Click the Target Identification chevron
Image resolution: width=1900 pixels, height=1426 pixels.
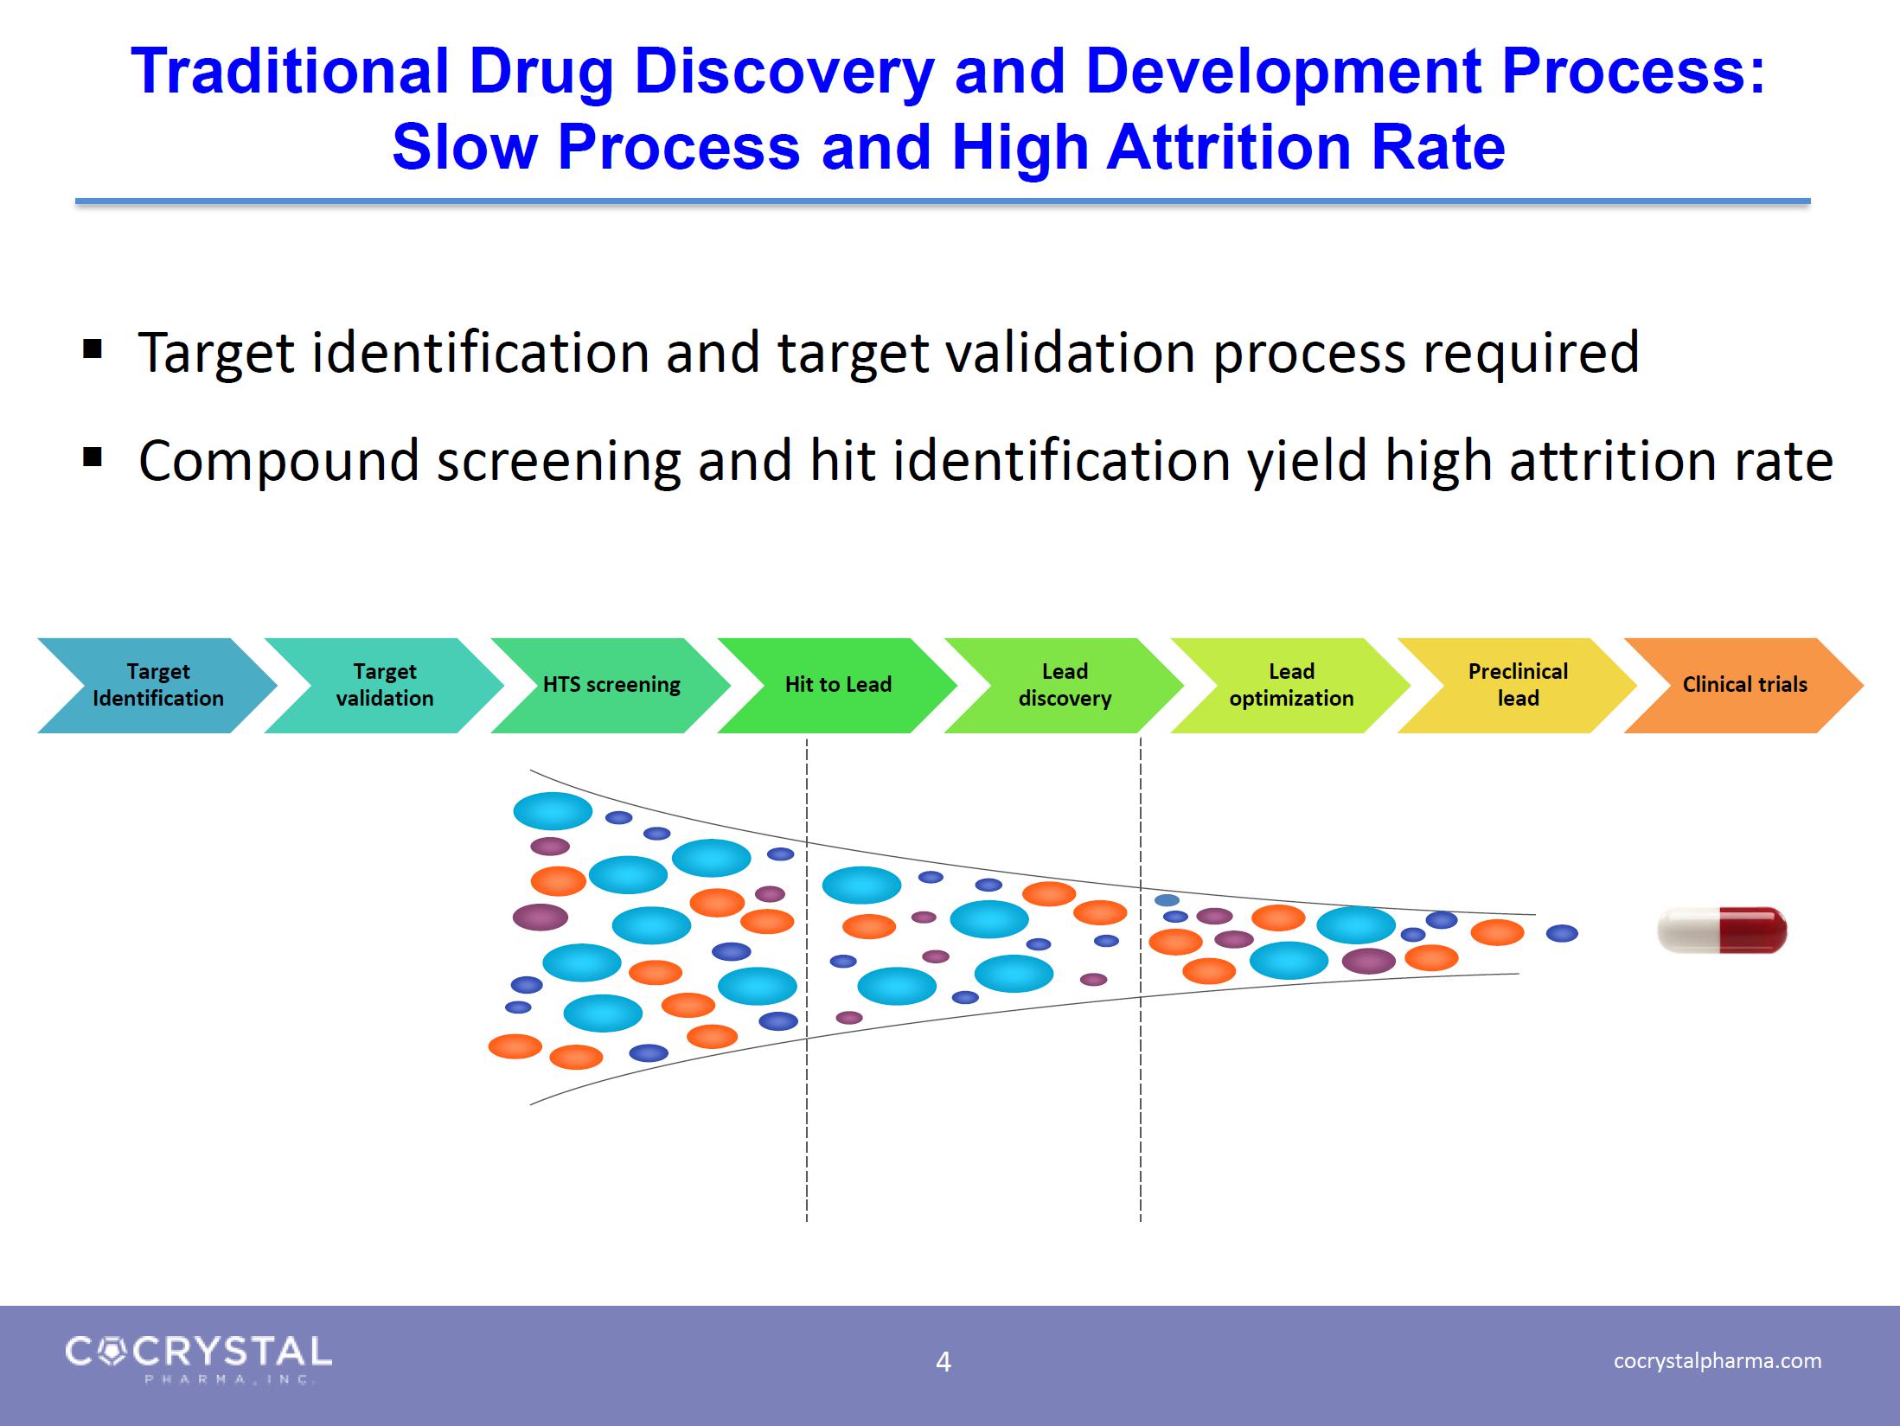click(x=157, y=686)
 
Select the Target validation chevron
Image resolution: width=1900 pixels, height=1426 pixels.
click(x=384, y=686)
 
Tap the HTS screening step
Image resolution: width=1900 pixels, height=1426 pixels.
click(x=611, y=686)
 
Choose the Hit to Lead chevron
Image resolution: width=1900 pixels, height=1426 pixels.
click(x=837, y=686)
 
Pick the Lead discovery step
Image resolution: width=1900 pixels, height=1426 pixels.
click(x=1064, y=686)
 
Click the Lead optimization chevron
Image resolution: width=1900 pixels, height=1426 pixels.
click(x=1290, y=686)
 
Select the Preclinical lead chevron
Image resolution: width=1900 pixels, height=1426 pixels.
click(x=1517, y=686)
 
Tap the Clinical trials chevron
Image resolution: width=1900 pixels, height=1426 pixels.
click(x=1743, y=686)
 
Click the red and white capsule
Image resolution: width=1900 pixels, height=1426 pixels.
click(x=1722, y=930)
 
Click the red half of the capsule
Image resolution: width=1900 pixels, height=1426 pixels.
click(x=1755, y=930)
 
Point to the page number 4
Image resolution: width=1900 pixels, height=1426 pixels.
click(x=944, y=1362)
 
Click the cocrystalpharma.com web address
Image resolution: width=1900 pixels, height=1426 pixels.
click(x=1718, y=1360)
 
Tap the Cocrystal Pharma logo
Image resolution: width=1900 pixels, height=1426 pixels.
click(x=199, y=1359)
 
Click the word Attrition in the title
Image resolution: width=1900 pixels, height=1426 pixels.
click(x=1228, y=146)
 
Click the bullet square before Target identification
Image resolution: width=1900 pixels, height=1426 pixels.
click(x=93, y=350)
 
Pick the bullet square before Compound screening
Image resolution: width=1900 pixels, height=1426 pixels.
click(x=93, y=457)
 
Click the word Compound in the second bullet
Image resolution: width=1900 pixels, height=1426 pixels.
click(x=279, y=462)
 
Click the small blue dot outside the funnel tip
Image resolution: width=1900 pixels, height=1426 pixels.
click(x=1562, y=933)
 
